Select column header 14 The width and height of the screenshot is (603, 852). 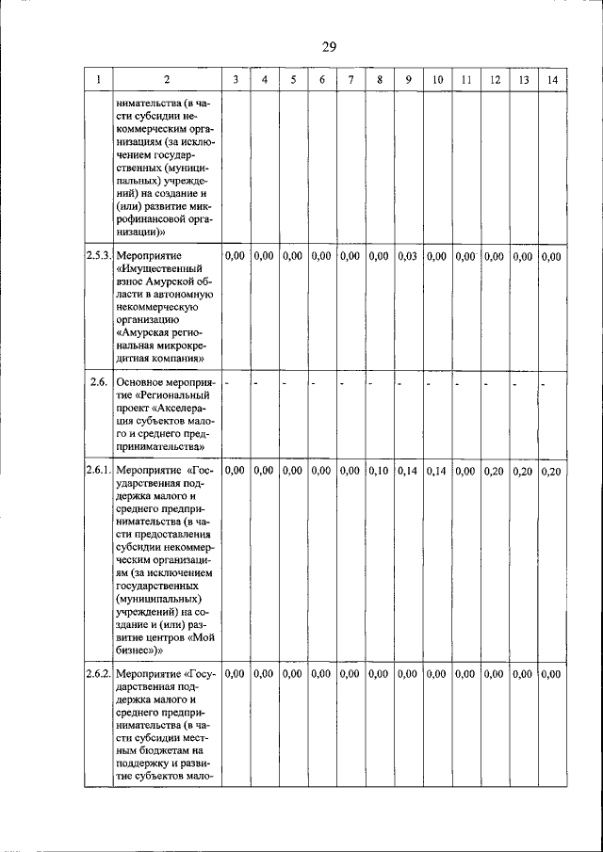[x=552, y=81]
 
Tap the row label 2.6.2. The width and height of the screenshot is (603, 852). [x=99, y=673]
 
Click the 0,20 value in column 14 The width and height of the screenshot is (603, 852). [x=552, y=471]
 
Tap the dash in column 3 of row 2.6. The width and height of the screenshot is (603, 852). [x=228, y=383]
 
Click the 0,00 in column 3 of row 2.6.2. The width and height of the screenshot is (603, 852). [x=236, y=673]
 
